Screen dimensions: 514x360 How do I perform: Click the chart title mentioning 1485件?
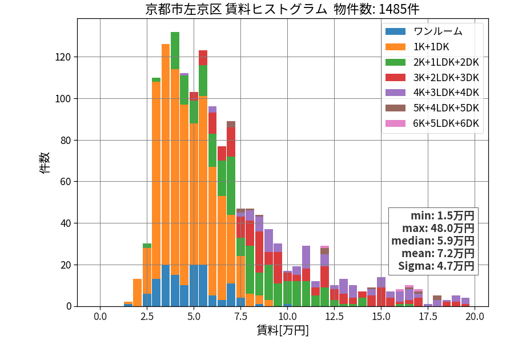tap(282, 9)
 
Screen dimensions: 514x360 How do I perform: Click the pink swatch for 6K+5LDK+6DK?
tap(395, 123)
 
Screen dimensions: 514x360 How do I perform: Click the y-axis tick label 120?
tap(63, 57)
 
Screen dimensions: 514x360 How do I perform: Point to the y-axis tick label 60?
tap(66, 182)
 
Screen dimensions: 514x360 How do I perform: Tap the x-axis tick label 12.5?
tap(334, 317)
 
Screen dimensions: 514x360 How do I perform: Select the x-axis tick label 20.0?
tap(475, 317)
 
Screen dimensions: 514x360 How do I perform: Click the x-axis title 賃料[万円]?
tap(283, 330)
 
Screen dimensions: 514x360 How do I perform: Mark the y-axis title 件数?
tap(45, 163)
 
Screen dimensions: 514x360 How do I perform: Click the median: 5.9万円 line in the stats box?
tap(433, 241)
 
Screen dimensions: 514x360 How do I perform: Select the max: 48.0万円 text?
tap(438, 228)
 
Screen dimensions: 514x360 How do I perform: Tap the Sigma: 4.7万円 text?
tap(436, 266)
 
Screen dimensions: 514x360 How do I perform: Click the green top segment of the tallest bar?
tap(175, 51)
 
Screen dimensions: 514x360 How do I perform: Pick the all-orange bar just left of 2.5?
tap(137, 293)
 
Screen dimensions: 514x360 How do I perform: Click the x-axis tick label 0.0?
tap(100, 317)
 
